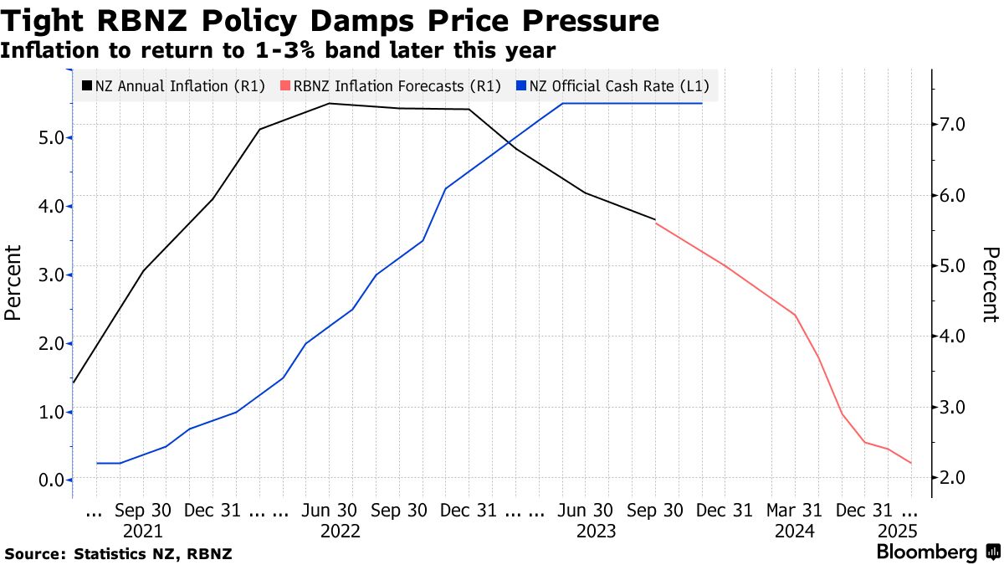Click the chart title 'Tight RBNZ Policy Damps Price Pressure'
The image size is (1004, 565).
click(x=330, y=21)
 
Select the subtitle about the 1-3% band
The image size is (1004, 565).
click(x=278, y=51)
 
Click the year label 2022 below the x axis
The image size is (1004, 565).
click(x=340, y=531)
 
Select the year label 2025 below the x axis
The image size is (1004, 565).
click(x=898, y=531)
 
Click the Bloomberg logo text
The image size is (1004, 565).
click(x=927, y=552)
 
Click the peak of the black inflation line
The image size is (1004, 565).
click(x=329, y=104)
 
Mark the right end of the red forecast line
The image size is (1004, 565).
click(x=910, y=463)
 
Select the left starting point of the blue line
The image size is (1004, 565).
click(x=98, y=463)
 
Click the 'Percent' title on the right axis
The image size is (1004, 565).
click(x=990, y=285)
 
